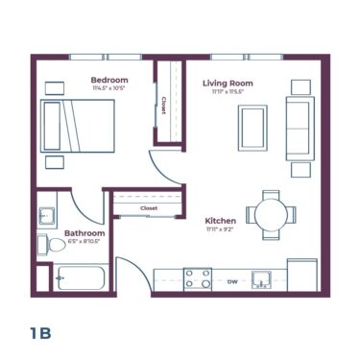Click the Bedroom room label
pyautogui.click(x=110, y=79)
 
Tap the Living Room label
pyautogui.click(x=228, y=84)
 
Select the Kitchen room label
pyautogui.click(x=222, y=221)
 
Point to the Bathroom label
pyautogui.click(x=84, y=233)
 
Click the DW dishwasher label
pyautogui.click(x=232, y=281)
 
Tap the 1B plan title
pyautogui.click(x=39, y=333)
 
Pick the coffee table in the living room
pyautogui.click(x=253, y=126)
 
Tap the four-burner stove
pyautogui.click(x=198, y=279)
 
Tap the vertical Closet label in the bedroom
pyautogui.click(x=164, y=104)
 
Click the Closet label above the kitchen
pyautogui.click(x=149, y=207)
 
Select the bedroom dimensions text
pyautogui.click(x=110, y=88)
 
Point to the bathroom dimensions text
pyautogui.click(x=84, y=242)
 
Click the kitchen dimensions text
pyautogui.click(x=222, y=229)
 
